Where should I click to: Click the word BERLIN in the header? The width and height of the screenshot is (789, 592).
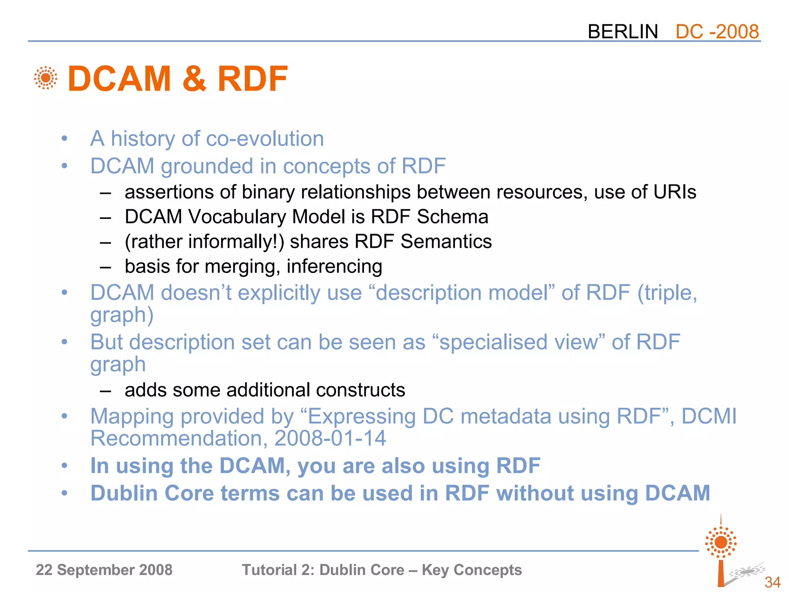tap(623, 32)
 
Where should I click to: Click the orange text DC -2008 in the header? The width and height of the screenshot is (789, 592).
tap(717, 32)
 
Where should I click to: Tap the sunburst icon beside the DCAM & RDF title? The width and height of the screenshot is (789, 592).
tap(45, 78)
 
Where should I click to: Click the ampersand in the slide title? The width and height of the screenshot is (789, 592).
tap(194, 79)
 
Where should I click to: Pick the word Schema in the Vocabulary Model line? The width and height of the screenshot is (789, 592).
tap(452, 217)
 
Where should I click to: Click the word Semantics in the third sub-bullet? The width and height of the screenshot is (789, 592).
tap(446, 242)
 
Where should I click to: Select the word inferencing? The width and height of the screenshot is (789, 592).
tap(334, 266)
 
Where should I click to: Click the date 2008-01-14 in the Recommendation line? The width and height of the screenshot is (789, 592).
tap(330, 439)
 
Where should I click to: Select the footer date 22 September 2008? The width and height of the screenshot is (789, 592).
tap(104, 570)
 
